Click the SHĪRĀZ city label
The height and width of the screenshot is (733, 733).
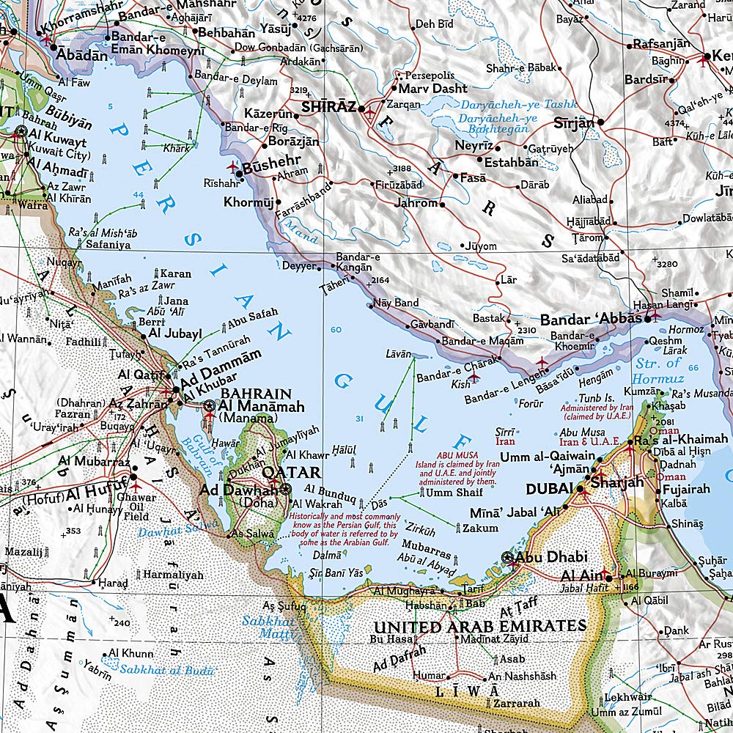328,107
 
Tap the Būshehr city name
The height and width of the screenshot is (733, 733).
271,167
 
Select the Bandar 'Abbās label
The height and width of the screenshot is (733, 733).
591,320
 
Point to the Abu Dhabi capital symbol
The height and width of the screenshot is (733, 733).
509,558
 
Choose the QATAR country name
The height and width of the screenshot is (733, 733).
291,472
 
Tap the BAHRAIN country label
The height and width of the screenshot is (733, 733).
251,394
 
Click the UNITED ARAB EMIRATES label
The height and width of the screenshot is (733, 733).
479,627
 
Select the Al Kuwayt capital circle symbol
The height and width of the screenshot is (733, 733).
21,132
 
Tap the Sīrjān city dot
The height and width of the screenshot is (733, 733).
600,122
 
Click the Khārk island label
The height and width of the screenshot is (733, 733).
177,148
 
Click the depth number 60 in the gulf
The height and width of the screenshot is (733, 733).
336,330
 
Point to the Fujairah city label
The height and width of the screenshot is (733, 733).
689,488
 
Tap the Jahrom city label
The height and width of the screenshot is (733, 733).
416,203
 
